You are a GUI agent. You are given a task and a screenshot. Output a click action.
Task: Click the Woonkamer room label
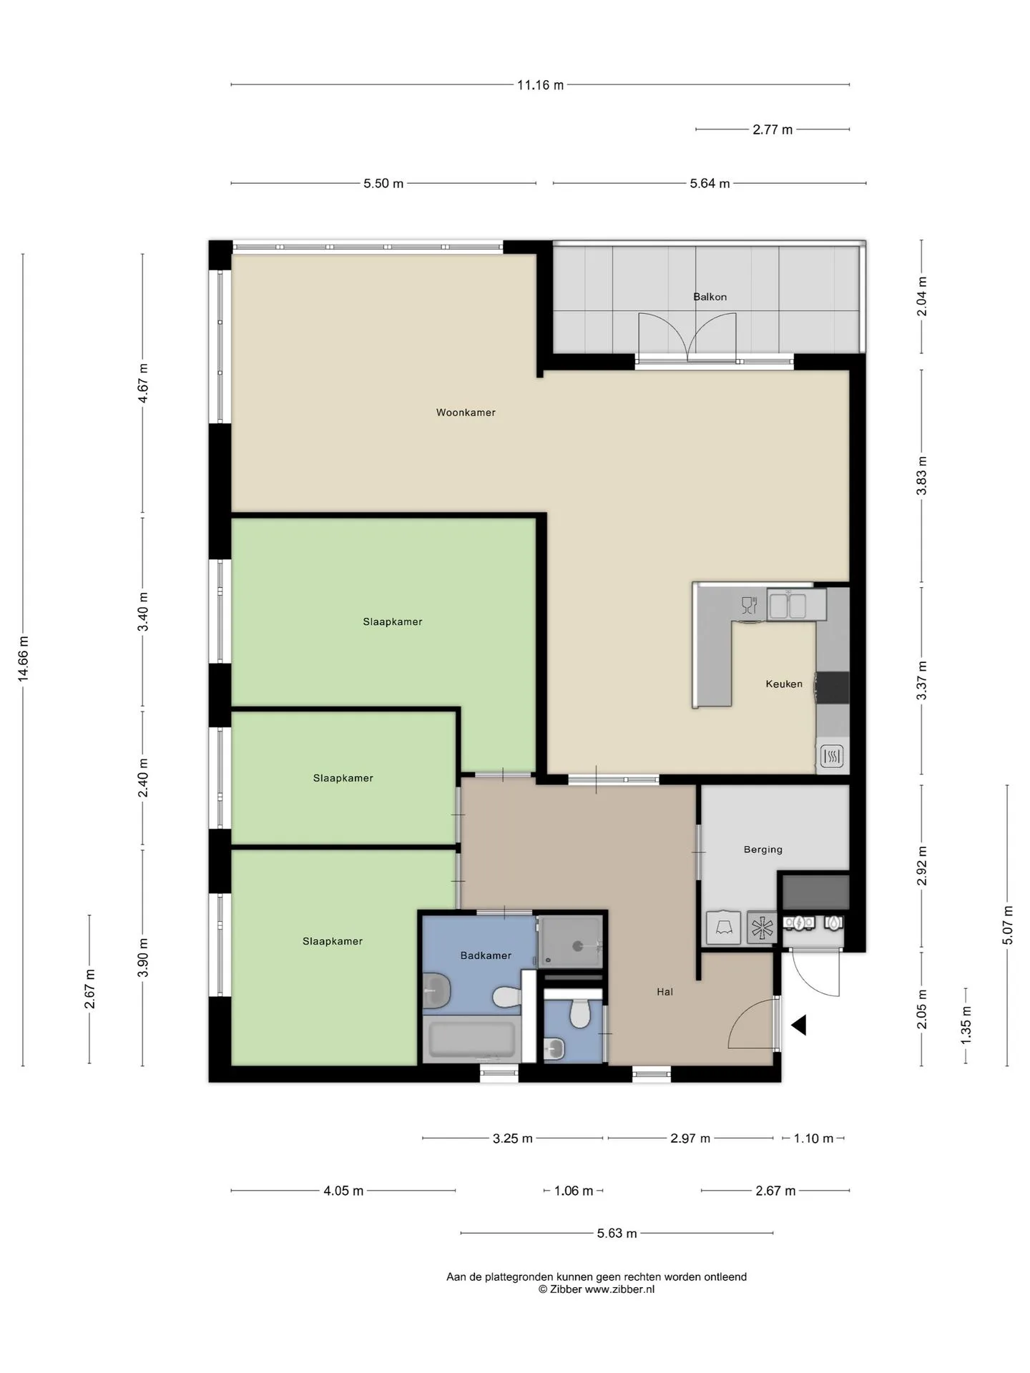tap(466, 413)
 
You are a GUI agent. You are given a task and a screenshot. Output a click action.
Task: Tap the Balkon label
tap(710, 297)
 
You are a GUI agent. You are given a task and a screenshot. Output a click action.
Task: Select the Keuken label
tap(784, 684)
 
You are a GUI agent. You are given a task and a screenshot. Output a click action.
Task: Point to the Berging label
tap(763, 850)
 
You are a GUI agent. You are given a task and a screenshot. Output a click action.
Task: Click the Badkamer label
tap(486, 955)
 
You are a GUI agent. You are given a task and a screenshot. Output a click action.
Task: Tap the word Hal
tap(665, 992)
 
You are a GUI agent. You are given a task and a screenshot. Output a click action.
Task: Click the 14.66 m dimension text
tap(24, 659)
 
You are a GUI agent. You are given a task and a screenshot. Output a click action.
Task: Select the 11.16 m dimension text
tap(541, 85)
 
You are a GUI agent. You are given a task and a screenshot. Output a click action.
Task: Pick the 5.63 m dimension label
tap(617, 1234)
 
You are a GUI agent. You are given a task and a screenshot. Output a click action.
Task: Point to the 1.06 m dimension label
tap(574, 1191)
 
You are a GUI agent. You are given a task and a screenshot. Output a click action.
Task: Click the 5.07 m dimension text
tap(1008, 925)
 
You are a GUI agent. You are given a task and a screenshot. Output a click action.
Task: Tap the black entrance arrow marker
tap(799, 1025)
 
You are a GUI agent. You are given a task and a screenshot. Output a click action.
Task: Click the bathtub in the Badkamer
tap(470, 1040)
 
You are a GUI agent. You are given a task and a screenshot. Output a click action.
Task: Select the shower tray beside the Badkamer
tap(570, 942)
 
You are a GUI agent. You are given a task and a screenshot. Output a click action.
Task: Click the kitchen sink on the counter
tap(788, 605)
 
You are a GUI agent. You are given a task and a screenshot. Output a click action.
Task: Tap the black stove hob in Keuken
tap(833, 688)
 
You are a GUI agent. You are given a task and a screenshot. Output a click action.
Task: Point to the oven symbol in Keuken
tap(832, 756)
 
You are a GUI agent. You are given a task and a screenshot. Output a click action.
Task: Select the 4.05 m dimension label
tap(343, 1191)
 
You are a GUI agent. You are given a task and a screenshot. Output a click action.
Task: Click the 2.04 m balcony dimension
tap(922, 297)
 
